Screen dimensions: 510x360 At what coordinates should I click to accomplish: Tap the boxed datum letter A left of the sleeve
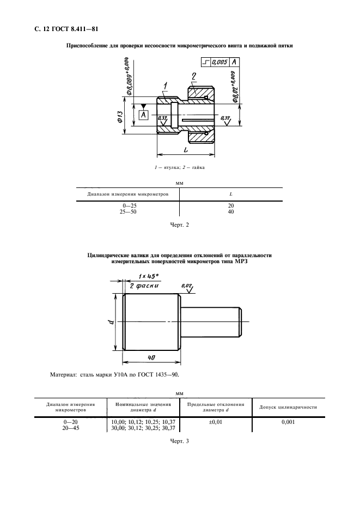click(x=143, y=114)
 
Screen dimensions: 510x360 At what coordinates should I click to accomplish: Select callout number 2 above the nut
click(x=193, y=75)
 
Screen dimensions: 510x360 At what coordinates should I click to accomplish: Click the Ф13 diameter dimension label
click(x=120, y=117)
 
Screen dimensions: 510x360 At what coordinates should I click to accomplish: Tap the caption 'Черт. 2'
click(x=179, y=223)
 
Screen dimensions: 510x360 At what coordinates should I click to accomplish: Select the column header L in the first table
click(x=231, y=194)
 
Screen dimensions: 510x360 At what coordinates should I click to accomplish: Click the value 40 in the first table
click(x=231, y=211)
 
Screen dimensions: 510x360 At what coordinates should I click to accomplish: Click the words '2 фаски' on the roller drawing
click(x=143, y=285)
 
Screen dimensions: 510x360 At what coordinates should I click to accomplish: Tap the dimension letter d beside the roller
click(x=109, y=323)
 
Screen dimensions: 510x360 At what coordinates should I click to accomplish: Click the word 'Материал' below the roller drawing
click(x=64, y=375)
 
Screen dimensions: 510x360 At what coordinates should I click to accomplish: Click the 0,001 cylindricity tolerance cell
click(x=288, y=422)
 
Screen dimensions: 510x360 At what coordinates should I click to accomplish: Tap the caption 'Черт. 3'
click(x=179, y=441)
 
